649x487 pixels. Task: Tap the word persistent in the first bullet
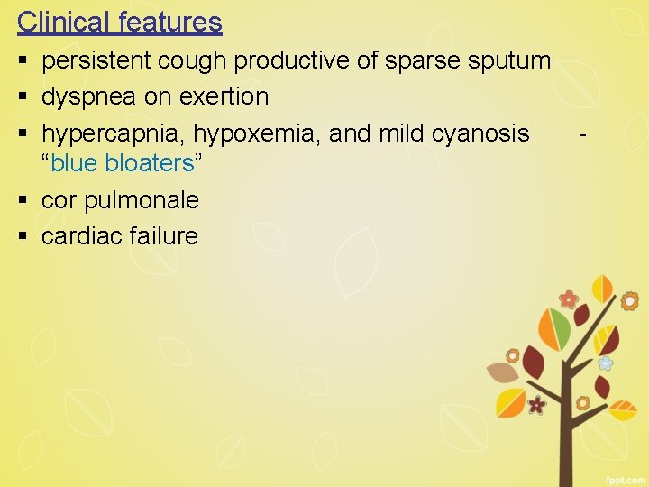(x=96, y=60)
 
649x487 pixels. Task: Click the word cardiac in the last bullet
(x=82, y=236)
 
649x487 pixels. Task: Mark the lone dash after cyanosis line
(x=585, y=136)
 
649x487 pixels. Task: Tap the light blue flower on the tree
(x=606, y=363)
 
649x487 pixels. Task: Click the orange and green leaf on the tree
(x=554, y=328)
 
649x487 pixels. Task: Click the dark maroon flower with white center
(x=537, y=405)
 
